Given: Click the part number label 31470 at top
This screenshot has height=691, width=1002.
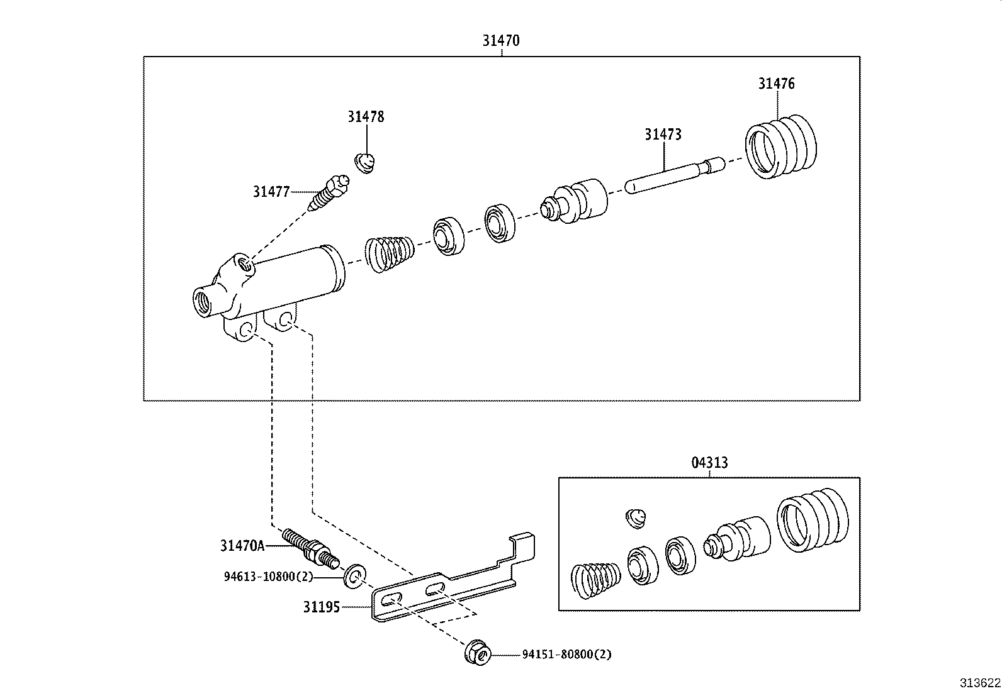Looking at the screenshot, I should tap(501, 41).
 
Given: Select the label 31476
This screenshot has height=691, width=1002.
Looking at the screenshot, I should tap(776, 84).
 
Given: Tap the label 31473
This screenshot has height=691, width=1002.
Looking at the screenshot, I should tap(663, 135).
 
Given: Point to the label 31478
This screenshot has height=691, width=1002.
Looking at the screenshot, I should tap(366, 117).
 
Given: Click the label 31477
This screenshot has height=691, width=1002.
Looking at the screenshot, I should tap(271, 192).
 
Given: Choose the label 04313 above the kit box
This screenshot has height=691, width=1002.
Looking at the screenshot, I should tap(709, 463).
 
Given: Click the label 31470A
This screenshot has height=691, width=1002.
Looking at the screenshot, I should tap(242, 546).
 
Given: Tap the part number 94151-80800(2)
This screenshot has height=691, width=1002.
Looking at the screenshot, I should tap(566, 655).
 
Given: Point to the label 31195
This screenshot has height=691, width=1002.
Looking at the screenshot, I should tap(321, 607).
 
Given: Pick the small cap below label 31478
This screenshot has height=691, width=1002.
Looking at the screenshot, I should tap(365, 163).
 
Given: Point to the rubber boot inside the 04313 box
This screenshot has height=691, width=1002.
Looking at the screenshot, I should tap(813, 519).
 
